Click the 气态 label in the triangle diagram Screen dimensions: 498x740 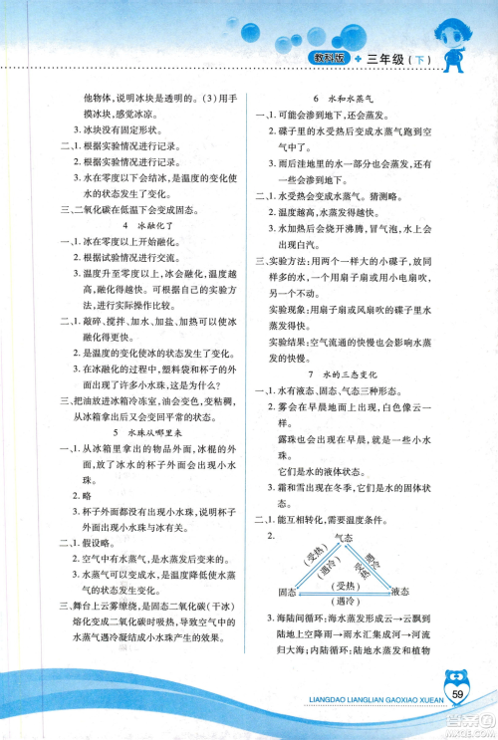tap(345, 538)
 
